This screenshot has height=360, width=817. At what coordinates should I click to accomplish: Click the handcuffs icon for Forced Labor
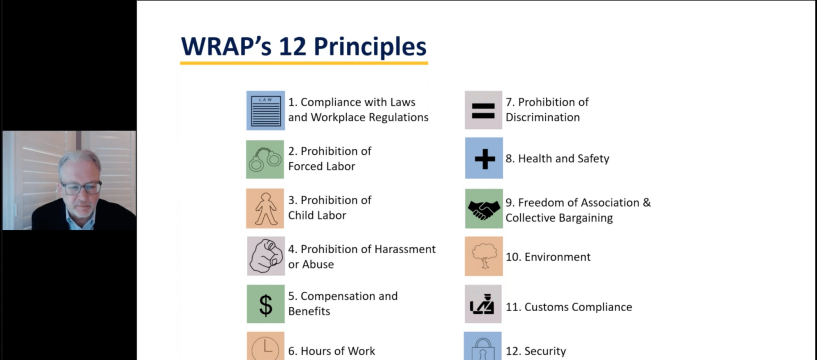265,159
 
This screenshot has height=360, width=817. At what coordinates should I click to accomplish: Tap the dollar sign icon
265,304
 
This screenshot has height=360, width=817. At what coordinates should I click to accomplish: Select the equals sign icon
483,110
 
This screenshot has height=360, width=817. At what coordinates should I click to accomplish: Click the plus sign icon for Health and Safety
484,158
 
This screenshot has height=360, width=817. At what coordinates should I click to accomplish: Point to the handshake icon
483,208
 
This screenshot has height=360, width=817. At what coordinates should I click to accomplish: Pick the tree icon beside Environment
483,256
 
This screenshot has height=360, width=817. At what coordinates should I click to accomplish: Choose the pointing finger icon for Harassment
265,256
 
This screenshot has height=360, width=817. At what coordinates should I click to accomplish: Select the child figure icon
265,208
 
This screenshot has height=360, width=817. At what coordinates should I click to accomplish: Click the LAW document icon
265,110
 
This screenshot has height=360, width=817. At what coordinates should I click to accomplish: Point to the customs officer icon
483,304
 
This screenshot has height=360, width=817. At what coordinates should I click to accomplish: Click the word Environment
557,257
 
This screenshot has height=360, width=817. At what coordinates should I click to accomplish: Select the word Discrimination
543,118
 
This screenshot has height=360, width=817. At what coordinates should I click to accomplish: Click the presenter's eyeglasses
81,187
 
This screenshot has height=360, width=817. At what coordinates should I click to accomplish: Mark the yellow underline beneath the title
304,63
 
